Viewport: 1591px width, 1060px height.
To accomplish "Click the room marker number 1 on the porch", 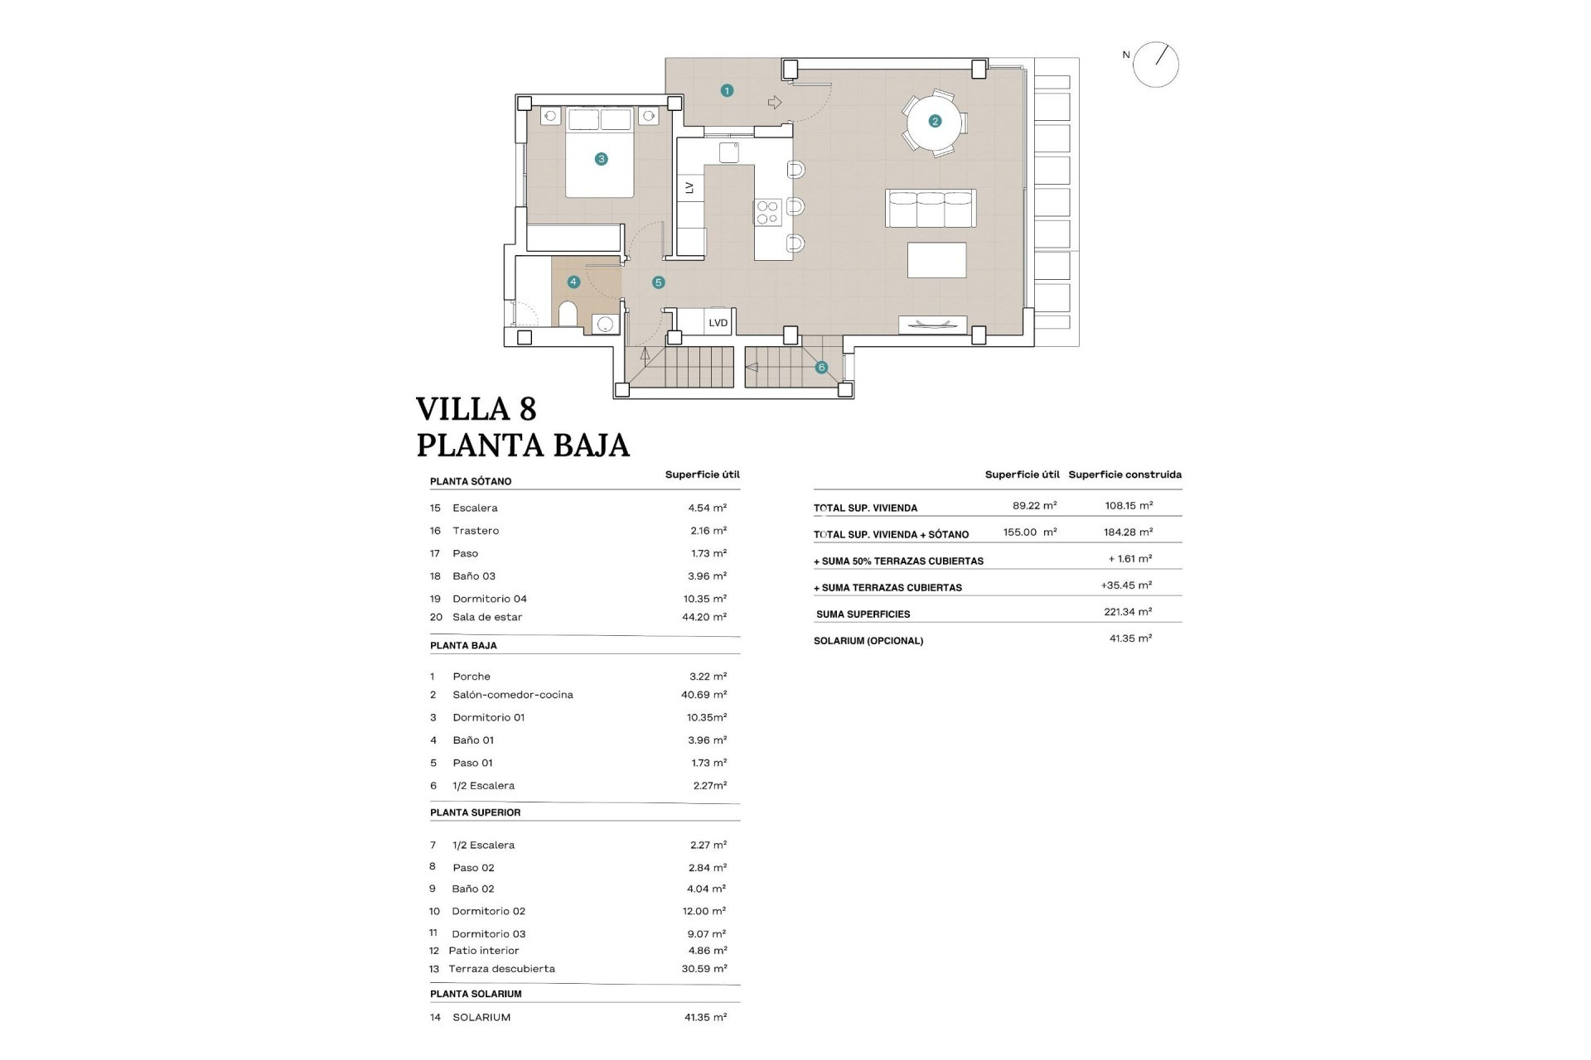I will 727,90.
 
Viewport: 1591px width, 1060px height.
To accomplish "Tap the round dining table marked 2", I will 935,122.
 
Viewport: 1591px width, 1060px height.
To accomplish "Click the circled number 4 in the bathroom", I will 573,282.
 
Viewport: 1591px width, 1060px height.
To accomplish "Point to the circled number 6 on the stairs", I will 821,368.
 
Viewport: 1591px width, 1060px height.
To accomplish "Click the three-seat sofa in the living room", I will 931,208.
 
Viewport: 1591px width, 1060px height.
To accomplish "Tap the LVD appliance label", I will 718,323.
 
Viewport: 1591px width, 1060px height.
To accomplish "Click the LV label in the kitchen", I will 689,188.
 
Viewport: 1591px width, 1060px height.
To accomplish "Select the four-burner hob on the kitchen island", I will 767,213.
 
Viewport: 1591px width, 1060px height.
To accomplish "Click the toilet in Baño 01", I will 568,315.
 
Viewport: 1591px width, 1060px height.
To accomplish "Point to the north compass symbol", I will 1155,65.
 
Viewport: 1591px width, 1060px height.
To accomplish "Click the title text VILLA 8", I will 476,409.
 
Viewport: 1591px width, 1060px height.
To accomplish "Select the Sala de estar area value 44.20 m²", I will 704,617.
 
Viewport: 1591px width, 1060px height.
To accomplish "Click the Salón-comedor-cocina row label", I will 512,695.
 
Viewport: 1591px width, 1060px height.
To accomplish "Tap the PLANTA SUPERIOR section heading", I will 475,812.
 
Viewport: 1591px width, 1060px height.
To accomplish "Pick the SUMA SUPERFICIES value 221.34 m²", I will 1128,612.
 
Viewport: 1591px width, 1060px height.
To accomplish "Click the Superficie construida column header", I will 1124,475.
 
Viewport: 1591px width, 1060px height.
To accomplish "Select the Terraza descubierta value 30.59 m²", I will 704,968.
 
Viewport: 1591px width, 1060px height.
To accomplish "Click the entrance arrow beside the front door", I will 775,103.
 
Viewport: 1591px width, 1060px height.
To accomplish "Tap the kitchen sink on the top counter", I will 728,152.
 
